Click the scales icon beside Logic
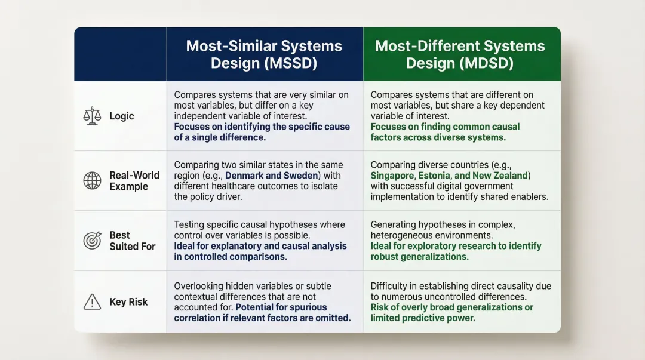pyautogui.click(x=92, y=116)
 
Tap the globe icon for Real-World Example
pyautogui.click(x=92, y=180)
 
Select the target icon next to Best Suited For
pyautogui.click(x=92, y=241)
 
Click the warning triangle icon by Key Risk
pyautogui.click(x=92, y=302)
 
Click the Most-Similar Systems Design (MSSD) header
pyautogui.click(x=264, y=54)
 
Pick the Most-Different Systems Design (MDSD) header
pyautogui.click(x=460, y=54)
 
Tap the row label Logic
pyautogui.click(x=122, y=116)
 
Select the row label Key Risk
pyautogui.click(x=128, y=302)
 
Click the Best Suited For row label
pyautogui.click(x=132, y=241)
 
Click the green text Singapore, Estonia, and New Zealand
pyautogui.click(x=449, y=176)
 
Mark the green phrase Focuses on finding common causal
pyautogui.click(x=445, y=127)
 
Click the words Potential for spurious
pyautogui.click(x=281, y=307)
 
